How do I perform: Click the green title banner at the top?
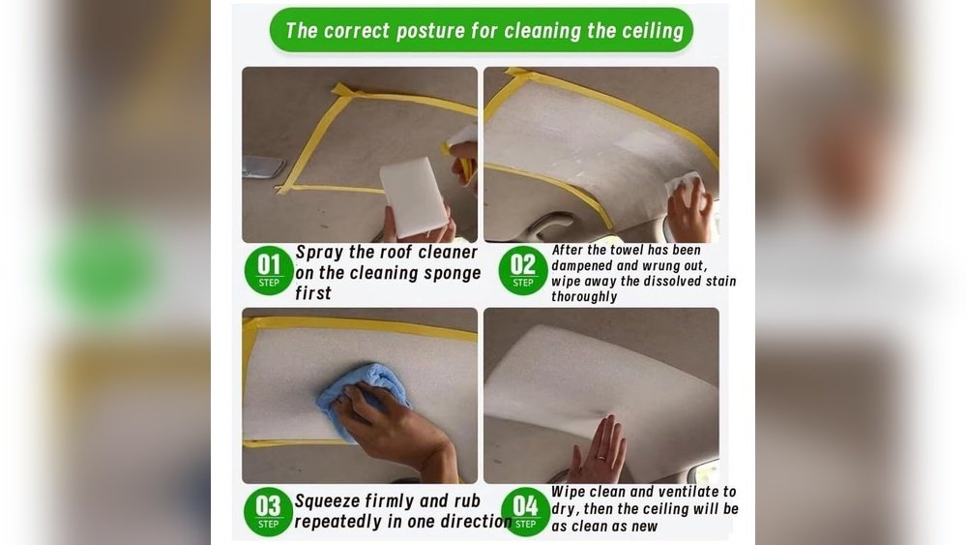(482, 30)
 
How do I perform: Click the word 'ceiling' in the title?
(644, 31)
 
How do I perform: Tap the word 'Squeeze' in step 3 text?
(330, 501)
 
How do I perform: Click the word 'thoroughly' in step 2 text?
(584, 296)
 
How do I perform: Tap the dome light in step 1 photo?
(263, 167)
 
